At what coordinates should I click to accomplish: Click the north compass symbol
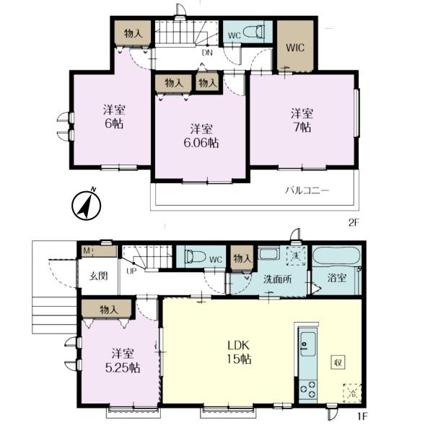click(86, 205)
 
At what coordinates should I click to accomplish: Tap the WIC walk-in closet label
click(295, 48)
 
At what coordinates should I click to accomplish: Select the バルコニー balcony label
click(307, 191)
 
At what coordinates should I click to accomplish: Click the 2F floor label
click(354, 222)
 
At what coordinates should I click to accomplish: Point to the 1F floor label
click(362, 424)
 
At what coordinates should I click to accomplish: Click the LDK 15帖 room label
click(239, 352)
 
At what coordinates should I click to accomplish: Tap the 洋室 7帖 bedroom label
click(302, 121)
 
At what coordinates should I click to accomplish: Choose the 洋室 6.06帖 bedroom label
click(201, 136)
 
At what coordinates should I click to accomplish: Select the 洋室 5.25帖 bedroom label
click(123, 361)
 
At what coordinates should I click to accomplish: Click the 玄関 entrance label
click(98, 276)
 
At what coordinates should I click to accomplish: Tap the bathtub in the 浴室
click(336, 256)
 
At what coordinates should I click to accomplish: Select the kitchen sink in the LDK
click(307, 344)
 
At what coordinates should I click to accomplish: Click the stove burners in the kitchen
click(308, 389)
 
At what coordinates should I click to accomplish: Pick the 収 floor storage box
click(338, 362)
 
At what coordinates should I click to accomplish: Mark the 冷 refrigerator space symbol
click(352, 393)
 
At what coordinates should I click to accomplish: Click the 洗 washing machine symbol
click(296, 255)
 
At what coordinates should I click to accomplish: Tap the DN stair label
click(207, 53)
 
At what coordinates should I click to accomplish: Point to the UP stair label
click(131, 271)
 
